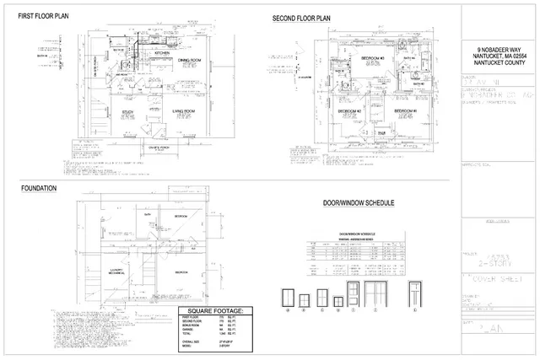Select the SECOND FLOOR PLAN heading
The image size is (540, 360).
click(301, 18)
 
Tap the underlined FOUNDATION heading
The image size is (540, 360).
click(39, 188)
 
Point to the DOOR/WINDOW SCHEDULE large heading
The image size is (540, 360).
click(360, 204)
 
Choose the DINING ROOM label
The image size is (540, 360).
click(188, 61)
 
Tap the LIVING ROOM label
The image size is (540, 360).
click(185, 111)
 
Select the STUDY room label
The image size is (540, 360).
click(129, 111)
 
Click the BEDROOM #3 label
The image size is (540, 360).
click(372, 58)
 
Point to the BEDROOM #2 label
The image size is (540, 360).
click(349, 111)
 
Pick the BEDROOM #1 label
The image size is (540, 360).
click(406, 111)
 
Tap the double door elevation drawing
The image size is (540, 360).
click(376, 295)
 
